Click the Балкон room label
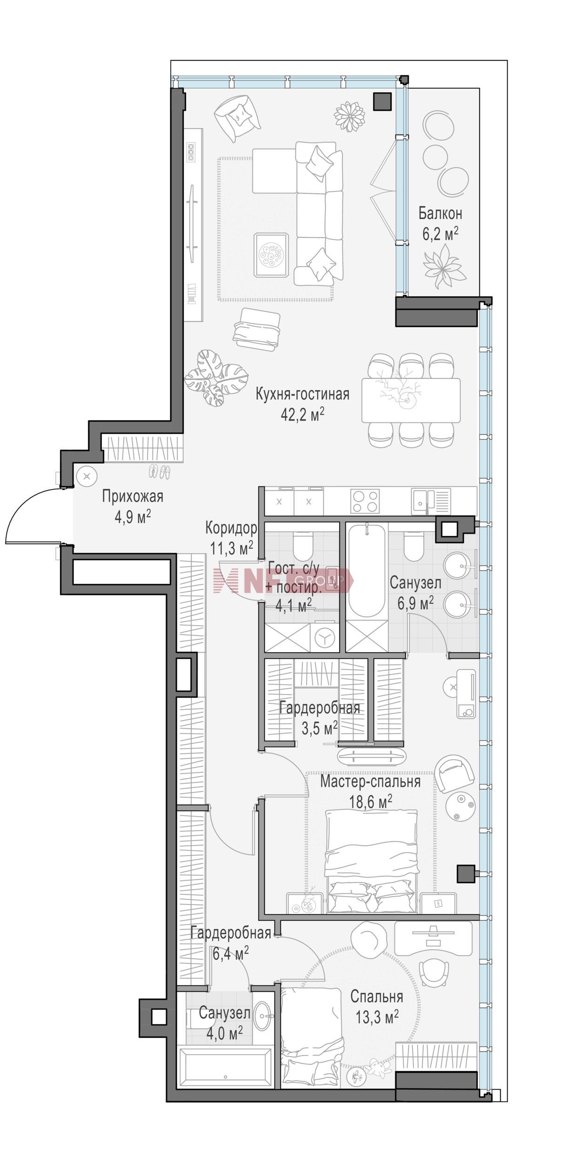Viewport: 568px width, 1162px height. pyautogui.click(x=440, y=214)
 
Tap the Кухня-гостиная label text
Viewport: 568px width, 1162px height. pyautogui.click(x=302, y=395)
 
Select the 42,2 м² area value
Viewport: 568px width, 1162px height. pyautogui.click(x=302, y=415)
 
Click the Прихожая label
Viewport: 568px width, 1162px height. pyautogui.click(x=133, y=496)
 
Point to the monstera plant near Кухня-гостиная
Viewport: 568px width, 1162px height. pyautogui.click(x=216, y=377)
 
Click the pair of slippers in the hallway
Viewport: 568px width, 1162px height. pyautogui.click(x=160, y=472)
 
